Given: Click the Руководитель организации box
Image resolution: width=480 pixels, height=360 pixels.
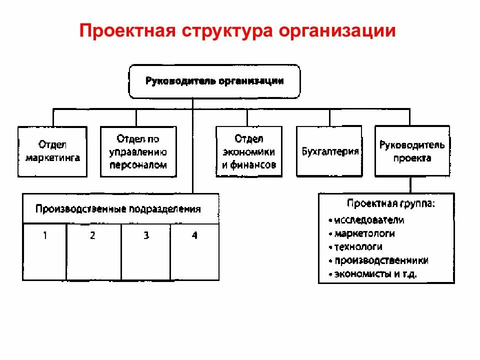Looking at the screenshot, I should (x=214, y=81).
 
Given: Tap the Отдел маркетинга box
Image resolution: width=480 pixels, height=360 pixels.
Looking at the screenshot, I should (x=52, y=151).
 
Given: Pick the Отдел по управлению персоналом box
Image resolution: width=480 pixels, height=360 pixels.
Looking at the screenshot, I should (x=138, y=151).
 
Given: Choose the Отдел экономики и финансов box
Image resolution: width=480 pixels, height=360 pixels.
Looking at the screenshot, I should (x=248, y=151).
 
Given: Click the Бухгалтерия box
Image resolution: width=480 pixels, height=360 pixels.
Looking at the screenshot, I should (x=329, y=151).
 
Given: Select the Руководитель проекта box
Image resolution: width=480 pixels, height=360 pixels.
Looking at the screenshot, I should (x=411, y=151).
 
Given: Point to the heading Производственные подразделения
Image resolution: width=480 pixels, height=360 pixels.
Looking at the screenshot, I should (x=118, y=209).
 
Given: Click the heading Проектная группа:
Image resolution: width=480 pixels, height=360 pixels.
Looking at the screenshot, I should (x=390, y=204).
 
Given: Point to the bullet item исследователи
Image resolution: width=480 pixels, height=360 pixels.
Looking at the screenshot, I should (x=369, y=220).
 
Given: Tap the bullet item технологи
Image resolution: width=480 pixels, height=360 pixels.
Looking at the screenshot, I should (x=358, y=247).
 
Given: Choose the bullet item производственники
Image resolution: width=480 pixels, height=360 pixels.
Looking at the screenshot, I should (x=381, y=260).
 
